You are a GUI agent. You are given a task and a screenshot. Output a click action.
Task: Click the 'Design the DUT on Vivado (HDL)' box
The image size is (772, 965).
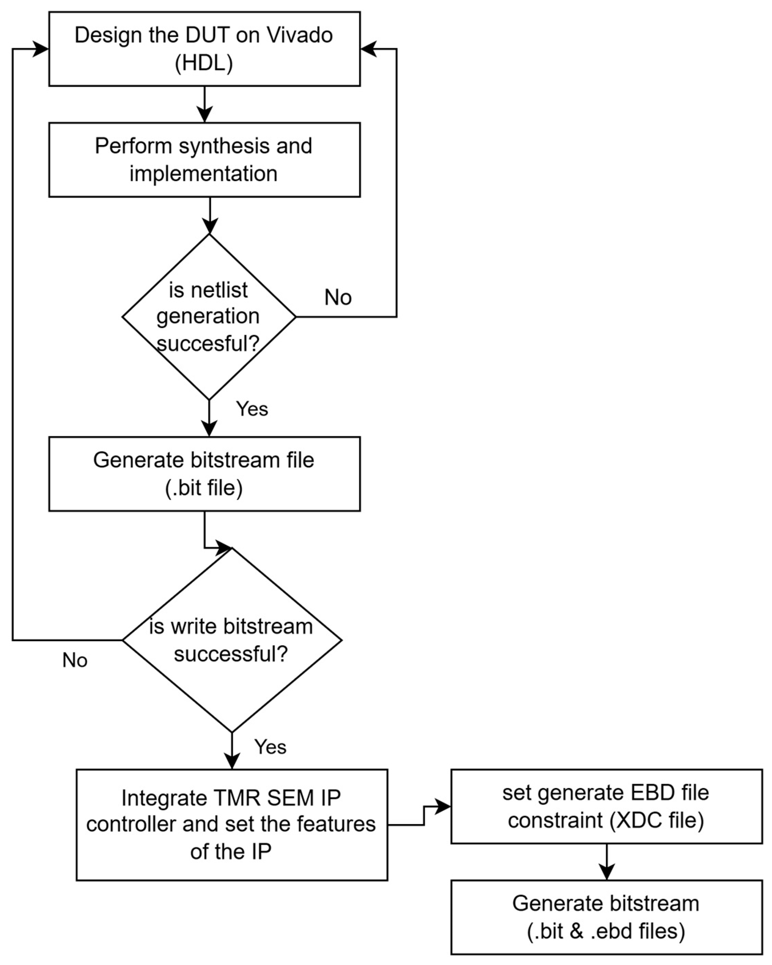tap(204, 49)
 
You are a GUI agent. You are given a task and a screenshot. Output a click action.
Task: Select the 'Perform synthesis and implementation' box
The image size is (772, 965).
tap(204, 160)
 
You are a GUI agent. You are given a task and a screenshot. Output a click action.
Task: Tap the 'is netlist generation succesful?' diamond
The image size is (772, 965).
tap(209, 317)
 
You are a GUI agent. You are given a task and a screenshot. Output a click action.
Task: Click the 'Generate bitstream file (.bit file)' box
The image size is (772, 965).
tap(204, 474)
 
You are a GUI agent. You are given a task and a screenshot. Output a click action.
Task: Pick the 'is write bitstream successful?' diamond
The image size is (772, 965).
tap(231, 640)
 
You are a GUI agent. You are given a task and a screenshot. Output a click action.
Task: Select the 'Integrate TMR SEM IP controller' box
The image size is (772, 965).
tap(231, 825)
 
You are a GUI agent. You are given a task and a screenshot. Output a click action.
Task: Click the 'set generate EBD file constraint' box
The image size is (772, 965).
tap(606, 806)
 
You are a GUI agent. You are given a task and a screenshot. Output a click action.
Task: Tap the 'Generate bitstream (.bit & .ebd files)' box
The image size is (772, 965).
tap(606, 917)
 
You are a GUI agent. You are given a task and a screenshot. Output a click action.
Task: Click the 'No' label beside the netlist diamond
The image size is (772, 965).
tap(338, 298)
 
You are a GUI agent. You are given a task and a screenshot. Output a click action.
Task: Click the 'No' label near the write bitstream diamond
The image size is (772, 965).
tap(75, 660)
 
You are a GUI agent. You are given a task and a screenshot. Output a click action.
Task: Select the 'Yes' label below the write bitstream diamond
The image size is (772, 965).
tap(270, 747)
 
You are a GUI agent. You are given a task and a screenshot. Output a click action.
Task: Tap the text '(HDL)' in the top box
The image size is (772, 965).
tap(204, 63)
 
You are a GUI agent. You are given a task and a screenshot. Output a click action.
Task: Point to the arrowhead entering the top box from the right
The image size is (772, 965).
tap(368, 49)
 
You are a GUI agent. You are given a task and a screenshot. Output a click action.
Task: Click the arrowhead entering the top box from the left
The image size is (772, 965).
tap(41, 49)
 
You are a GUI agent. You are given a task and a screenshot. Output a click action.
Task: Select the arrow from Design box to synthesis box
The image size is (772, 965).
tap(205, 105)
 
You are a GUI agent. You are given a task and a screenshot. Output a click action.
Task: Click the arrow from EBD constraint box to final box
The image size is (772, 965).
tap(606, 862)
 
